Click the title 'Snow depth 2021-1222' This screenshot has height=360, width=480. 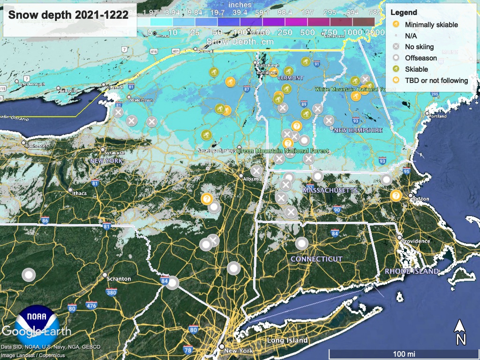[68, 15]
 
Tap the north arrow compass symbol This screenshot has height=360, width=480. [461, 332]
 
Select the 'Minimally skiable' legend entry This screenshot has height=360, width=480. [430, 25]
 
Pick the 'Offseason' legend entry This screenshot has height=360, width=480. [420, 58]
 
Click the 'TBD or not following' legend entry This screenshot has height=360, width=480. [436, 81]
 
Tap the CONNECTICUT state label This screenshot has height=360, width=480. [316, 259]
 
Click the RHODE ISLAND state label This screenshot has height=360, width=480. [412, 271]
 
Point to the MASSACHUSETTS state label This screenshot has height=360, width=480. [330, 190]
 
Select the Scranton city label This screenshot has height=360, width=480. [119, 279]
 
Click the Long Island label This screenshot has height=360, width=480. [287, 340]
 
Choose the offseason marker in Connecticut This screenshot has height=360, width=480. [301, 244]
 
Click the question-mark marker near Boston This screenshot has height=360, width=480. [396, 195]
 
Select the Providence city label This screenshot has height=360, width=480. [415, 241]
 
